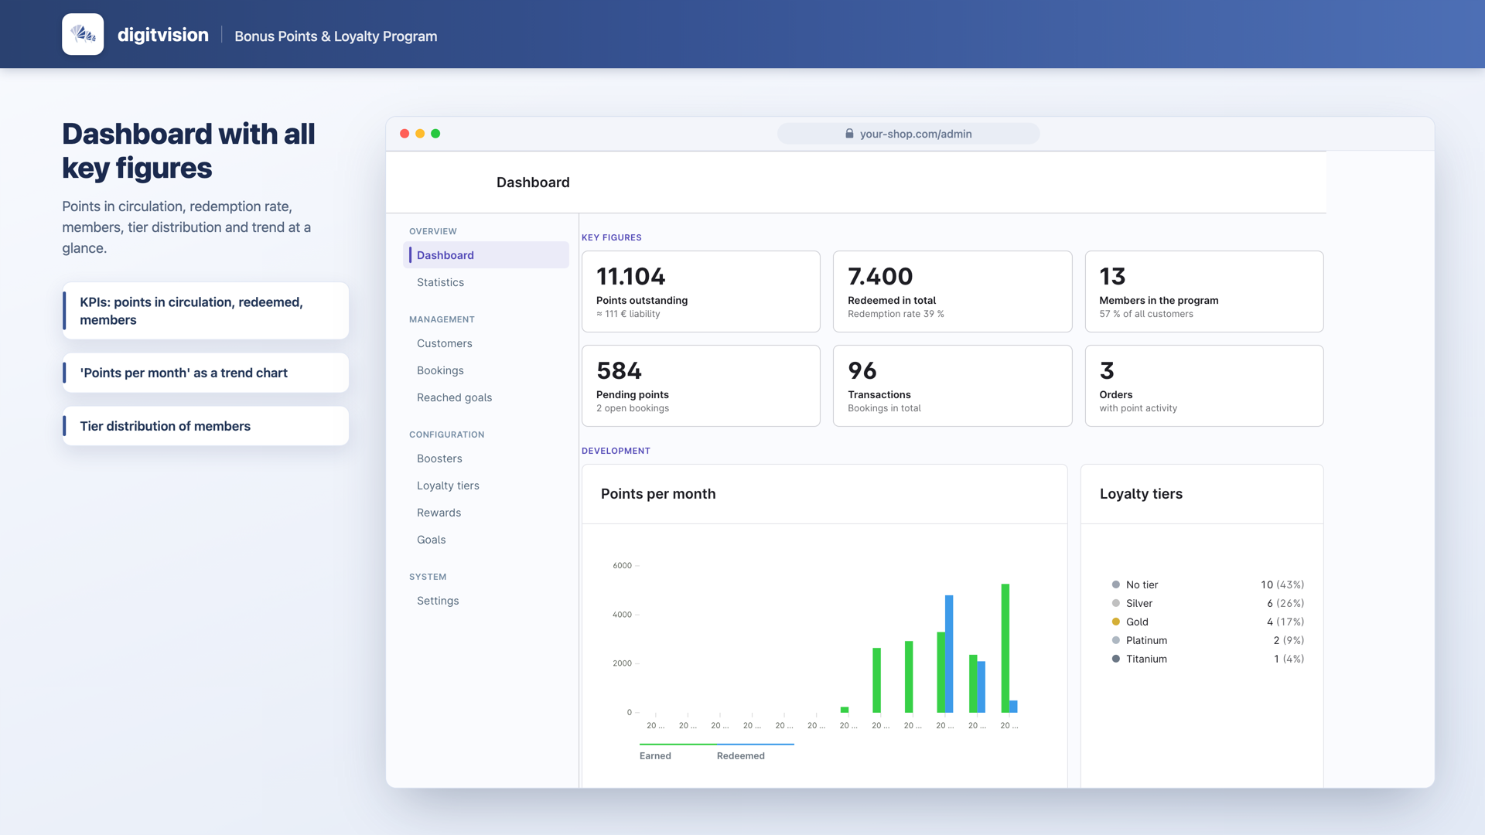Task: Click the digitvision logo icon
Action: (83, 34)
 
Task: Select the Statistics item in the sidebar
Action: (440, 282)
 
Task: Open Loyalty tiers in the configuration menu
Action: (448, 486)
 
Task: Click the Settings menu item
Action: (438, 601)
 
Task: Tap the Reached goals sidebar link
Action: (454, 397)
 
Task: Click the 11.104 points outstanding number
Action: (630, 276)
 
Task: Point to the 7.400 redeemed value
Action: (880, 276)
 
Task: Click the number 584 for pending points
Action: (619, 370)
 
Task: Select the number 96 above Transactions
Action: (862, 370)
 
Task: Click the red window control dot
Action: (405, 134)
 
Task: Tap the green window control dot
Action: (435, 134)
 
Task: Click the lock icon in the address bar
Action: (849, 134)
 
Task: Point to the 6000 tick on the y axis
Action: (623, 566)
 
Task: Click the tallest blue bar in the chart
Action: (949, 654)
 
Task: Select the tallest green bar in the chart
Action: (1005, 648)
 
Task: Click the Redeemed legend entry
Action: (740, 756)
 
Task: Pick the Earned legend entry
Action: (655, 756)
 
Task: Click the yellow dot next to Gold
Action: (1116, 622)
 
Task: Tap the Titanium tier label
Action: (1146, 659)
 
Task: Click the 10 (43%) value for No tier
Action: (1282, 584)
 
